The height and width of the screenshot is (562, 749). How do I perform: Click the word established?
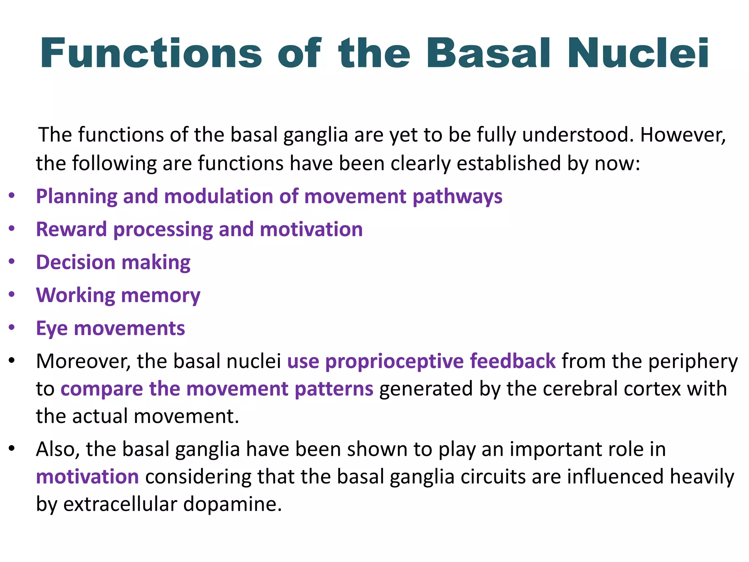click(x=509, y=163)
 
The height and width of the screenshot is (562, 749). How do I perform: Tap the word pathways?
click(x=458, y=197)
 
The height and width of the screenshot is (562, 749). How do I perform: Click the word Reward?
click(x=71, y=229)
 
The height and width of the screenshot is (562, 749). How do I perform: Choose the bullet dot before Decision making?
click(x=12, y=262)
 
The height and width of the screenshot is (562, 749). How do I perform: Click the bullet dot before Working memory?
click(x=12, y=295)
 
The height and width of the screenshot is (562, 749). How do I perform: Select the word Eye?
click(x=52, y=329)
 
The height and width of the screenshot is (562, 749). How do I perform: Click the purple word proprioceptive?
click(x=395, y=361)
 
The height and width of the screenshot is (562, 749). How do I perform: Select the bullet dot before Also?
click(x=12, y=449)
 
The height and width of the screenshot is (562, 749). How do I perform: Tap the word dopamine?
click(x=233, y=504)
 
